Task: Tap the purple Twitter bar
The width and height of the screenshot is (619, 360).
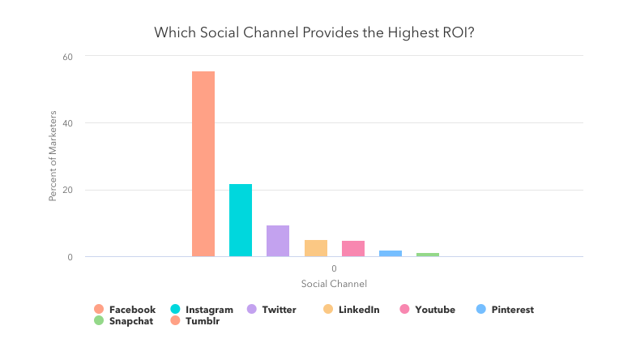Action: (278, 241)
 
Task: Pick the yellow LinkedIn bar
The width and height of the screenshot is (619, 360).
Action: (316, 248)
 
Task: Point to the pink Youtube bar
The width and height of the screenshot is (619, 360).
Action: (353, 249)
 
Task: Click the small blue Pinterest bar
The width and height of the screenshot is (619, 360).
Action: (391, 254)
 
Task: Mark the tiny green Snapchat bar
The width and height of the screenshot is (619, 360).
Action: (428, 255)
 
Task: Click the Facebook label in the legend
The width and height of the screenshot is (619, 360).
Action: (132, 310)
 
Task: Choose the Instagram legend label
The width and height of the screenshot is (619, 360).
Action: (209, 310)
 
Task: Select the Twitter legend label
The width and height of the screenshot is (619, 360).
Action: (280, 310)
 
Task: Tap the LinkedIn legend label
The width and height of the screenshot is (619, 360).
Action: (359, 310)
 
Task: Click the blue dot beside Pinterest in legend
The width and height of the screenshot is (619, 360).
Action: (480, 310)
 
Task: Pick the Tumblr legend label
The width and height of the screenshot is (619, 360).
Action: (203, 321)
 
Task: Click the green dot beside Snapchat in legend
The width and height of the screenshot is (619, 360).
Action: (99, 321)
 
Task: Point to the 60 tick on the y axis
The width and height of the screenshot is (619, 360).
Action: (68, 57)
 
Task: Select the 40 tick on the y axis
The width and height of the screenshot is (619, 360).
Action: (68, 123)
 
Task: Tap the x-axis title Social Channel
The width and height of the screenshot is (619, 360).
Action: (334, 284)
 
